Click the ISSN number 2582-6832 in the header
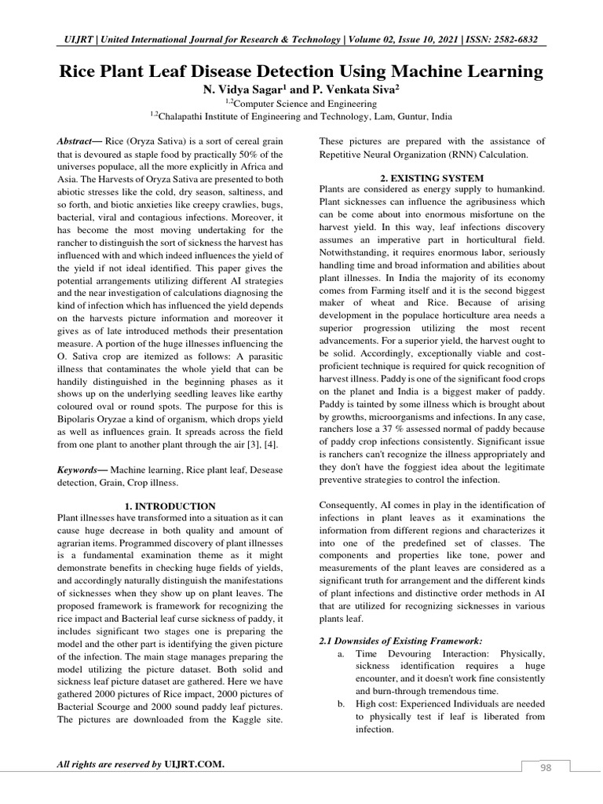(510, 40)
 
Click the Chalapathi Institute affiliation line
(301, 115)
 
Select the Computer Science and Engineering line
(301, 103)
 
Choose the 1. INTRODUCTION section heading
(170, 506)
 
